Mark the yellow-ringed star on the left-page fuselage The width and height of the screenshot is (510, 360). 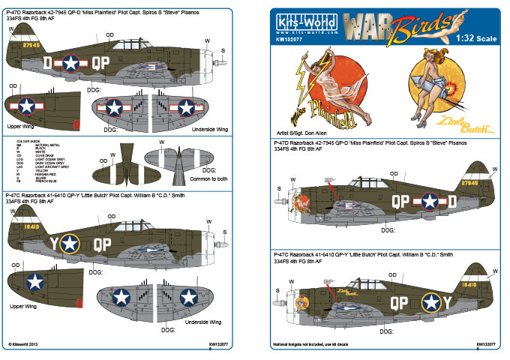[x=69, y=242]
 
